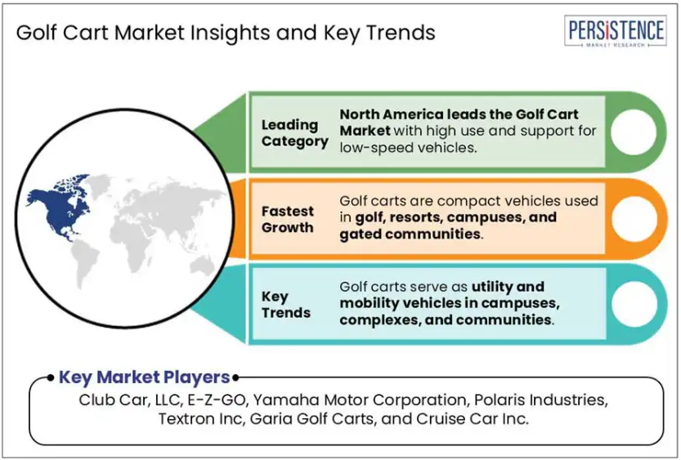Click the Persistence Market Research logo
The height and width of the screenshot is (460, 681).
(x=615, y=31)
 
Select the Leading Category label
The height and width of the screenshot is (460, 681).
(x=294, y=133)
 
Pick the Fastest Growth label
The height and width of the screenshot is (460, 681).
(x=287, y=219)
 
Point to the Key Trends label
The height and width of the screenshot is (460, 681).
(x=286, y=305)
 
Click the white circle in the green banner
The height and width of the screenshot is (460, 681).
(x=634, y=132)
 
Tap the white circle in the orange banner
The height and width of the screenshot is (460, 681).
(x=634, y=218)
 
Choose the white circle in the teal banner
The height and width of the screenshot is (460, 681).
(x=634, y=304)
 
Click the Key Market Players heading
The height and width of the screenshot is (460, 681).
(x=144, y=377)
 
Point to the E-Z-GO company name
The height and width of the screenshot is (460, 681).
(x=217, y=400)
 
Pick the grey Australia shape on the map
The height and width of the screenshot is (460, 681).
(x=201, y=266)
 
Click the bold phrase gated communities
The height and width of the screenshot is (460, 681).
(x=410, y=234)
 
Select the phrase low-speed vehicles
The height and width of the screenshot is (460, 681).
(x=407, y=148)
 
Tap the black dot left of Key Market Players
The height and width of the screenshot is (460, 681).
(x=51, y=377)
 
